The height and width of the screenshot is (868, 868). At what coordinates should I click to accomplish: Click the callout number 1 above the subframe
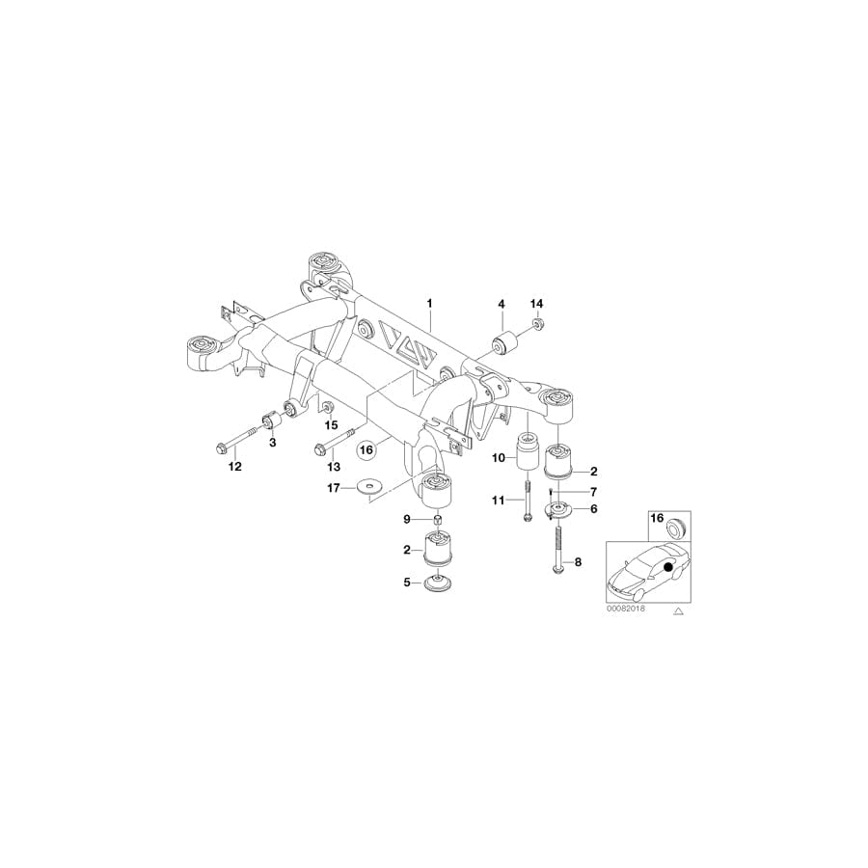pyautogui.click(x=430, y=304)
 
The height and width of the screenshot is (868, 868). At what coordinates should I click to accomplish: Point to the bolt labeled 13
pyautogui.click(x=332, y=440)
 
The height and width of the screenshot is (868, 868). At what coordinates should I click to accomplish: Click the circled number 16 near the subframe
pyautogui.click(x=366, y=448)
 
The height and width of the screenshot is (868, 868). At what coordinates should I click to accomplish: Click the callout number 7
pyautogui.click(x=593, y=492)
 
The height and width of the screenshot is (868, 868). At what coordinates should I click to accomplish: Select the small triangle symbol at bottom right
pyautogui.click(x=678, y=611)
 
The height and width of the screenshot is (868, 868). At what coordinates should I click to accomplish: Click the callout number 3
pyautogui.click(x=272, y=443)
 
